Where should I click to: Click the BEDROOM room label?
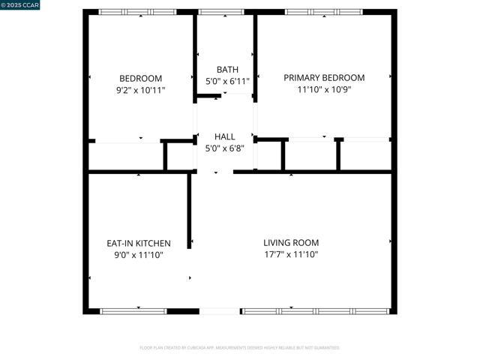click(140, 78)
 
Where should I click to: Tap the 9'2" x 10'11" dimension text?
click(140, 90)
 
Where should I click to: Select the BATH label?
click(226, 70)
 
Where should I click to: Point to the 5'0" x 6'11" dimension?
click(226, 81)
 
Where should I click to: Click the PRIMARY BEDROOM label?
click(324, 78)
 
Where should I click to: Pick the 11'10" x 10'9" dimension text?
click(324, 90)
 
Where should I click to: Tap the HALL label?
click(225, 136)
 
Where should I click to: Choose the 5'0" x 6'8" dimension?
click(225, 148)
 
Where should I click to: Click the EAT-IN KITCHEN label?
click(139, 243)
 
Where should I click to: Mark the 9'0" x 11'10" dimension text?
click(139, 255)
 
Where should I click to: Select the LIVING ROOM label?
click(291, 242)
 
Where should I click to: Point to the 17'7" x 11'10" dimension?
click(291, 255)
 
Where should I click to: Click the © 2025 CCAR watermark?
click(21, 5)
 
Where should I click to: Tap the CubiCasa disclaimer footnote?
click(240, 348)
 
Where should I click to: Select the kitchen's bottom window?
click(133, 310)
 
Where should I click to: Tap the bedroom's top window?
click(138, 12)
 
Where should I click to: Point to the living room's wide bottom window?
click(315, 310)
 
